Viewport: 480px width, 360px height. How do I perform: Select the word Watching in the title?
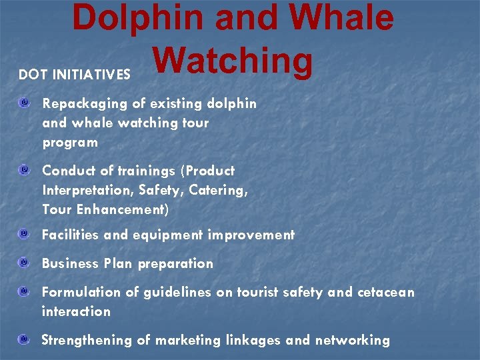[x=233, y=61]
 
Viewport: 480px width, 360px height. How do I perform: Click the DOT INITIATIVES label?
[x=75, y=75]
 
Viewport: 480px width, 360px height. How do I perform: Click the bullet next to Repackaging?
[x=24, y=103]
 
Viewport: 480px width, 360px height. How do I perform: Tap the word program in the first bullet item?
[x=69, y=142]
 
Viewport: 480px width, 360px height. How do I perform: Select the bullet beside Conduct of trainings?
[x=24, y=171]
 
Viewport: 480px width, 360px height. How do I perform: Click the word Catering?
[x=218, y=190]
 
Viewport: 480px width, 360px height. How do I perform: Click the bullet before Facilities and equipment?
[x=24, y=235]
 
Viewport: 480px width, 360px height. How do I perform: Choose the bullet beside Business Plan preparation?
[x=24, y=263]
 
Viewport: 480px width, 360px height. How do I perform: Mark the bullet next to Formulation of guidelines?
[x=24, y=292]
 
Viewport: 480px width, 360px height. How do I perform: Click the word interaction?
[x=76, y=311]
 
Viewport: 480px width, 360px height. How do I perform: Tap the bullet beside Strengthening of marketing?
[x=24, y=340]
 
